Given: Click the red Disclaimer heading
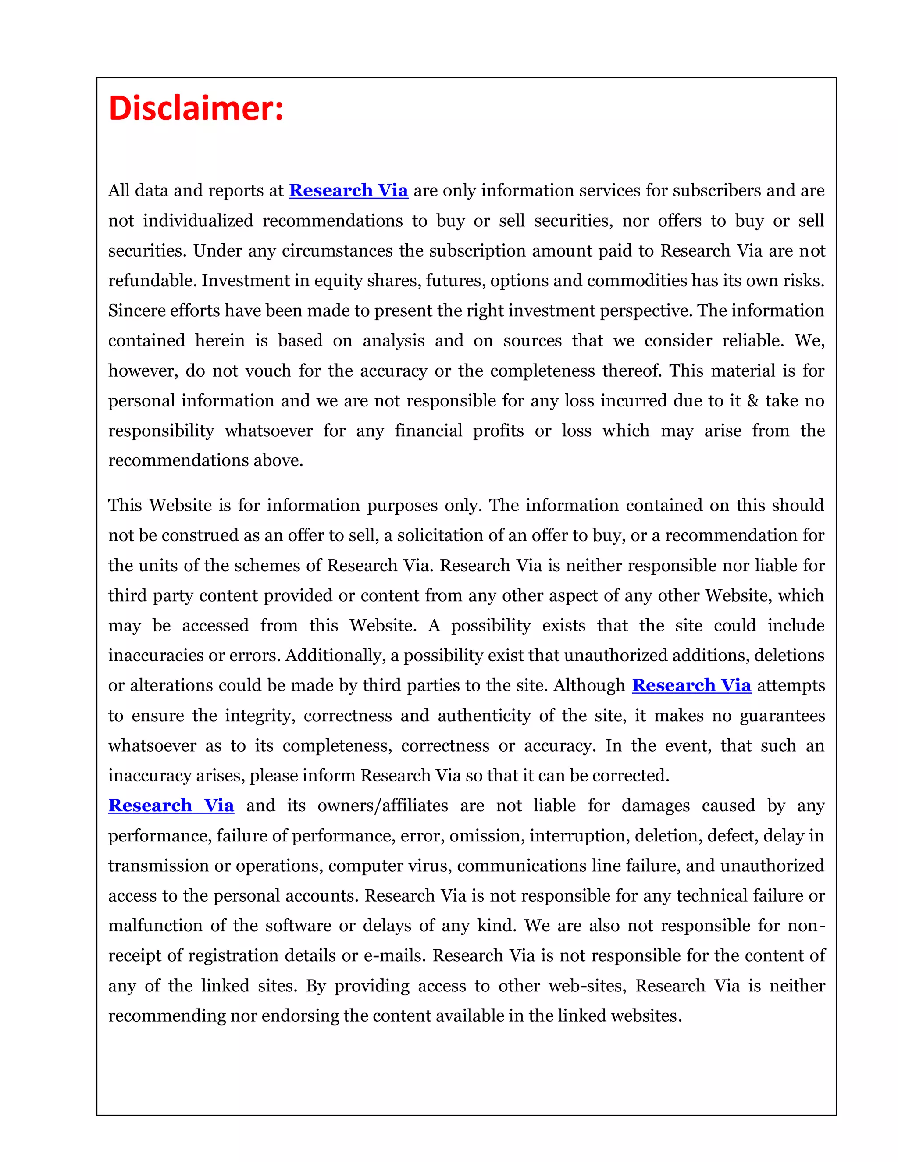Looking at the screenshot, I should (x=196, y=108).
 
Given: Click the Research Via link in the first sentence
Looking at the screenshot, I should (x=349, y=190).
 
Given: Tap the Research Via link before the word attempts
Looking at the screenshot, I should (x=691, y=685).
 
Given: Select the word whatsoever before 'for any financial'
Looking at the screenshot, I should (x=269, y=431).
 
